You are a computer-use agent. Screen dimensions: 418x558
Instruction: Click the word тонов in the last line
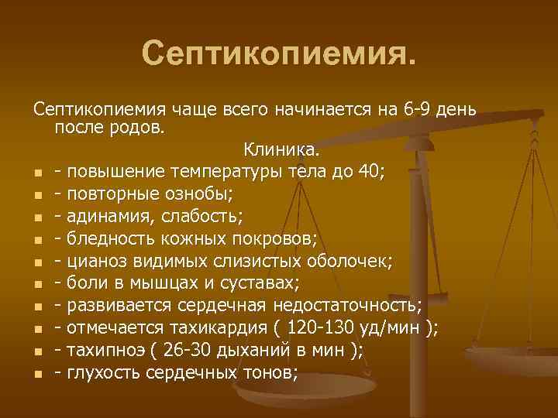pyautogui.click(x=267, y=372)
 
